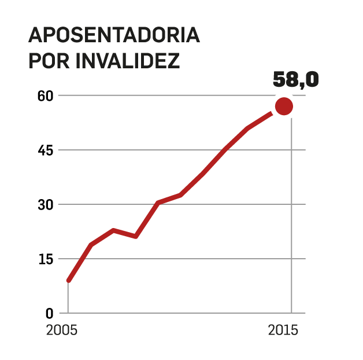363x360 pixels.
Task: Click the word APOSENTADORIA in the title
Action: (x=114, y=35)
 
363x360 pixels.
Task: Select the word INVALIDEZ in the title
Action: (x=128, y=61)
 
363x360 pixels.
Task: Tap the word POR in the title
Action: (x=49, y=61)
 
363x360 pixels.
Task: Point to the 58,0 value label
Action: (x=295, y=80)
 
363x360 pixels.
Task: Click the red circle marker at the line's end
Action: (x=284, y=106)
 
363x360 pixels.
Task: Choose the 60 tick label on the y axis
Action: (x=46, y=95)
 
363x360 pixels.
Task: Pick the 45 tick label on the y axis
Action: (x=46, y=150)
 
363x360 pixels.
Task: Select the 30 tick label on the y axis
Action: (x=46, y=204)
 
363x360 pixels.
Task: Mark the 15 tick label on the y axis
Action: (x=46, y=259)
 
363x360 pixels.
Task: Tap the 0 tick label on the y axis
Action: (x=49, y=313)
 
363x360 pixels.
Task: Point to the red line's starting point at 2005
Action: (x=69, y=280)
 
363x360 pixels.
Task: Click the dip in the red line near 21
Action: (x=135, y=236)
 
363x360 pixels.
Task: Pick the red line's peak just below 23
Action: (x=113, y=230)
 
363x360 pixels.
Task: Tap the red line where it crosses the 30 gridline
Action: (x=155, y=204)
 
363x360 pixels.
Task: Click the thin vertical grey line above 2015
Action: (x=291, y=220)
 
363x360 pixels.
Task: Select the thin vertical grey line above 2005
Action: (x=68, y=298)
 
